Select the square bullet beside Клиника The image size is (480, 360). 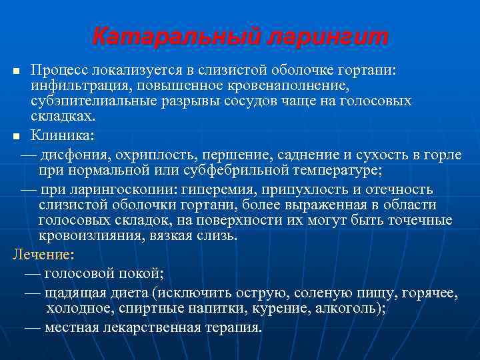17,135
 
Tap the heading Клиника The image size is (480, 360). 63,135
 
